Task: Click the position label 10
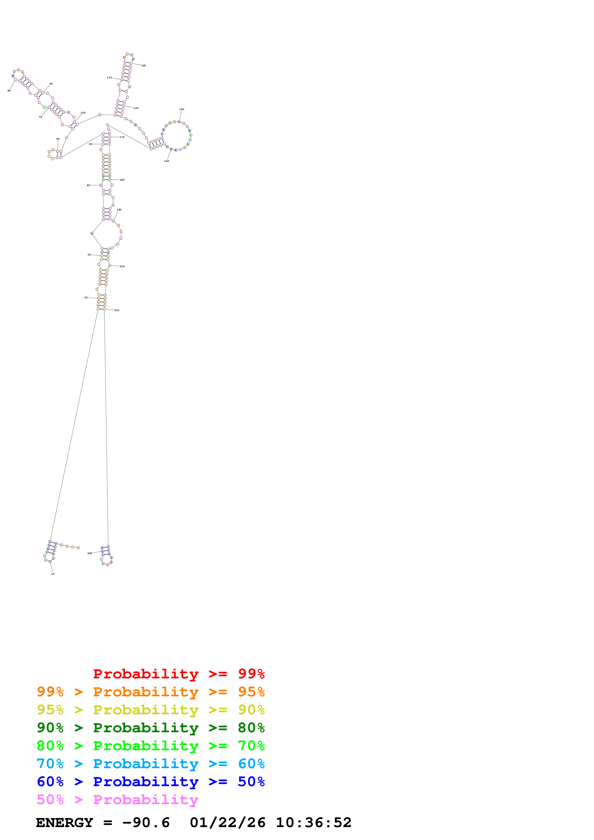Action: [53, 574]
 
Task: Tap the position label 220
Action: [90, 553]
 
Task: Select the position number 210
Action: [117, 310]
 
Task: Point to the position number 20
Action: [86, 297]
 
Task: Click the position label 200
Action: [122, 266]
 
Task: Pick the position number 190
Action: [119, 210]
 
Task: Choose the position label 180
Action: [122, 180]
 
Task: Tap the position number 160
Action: [167, 161]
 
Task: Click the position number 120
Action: [144, 65]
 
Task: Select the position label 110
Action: [109, 78]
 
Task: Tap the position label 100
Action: [83, 113]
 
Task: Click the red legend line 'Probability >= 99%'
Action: [179, 674]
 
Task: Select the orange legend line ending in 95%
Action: [150, 692]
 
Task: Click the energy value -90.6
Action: [146, 823]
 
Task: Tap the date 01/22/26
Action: [228, 823]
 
